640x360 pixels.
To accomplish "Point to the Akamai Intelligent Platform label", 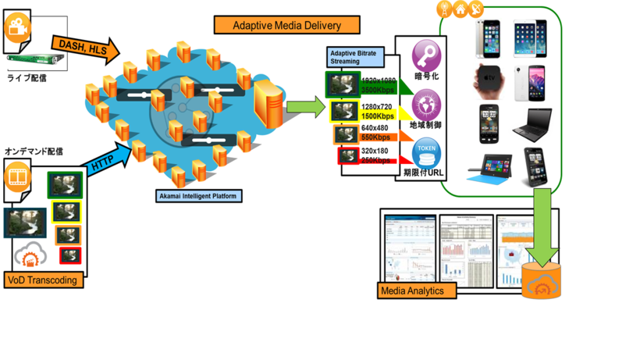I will [x=198, y=196].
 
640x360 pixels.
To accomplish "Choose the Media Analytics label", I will [x=411, y=291].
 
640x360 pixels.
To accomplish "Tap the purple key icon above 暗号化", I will [x=426, y=56].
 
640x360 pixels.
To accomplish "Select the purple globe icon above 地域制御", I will [x=426, y=104].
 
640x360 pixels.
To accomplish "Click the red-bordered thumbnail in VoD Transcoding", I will [x=69, y=255].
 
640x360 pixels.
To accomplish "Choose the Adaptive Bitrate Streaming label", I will [x=356, y=57].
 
